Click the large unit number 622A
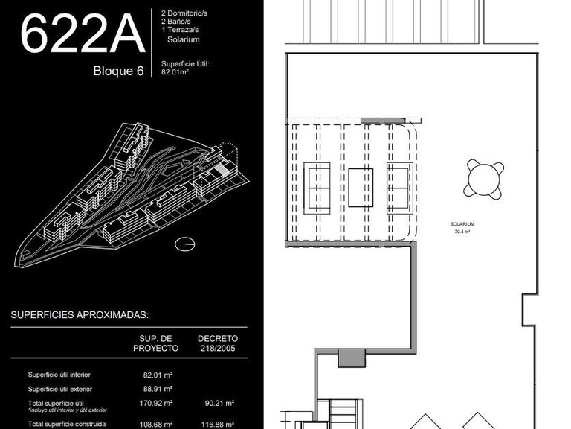tap(83, 34)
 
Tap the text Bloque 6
tap(118, 71)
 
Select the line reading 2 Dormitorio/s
tap(184, 13)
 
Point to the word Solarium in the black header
tap(184, 39)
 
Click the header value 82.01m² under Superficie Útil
tap(175, 71)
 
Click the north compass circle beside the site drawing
tap(184, 244)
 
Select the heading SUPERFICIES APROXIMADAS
tap(80, 315)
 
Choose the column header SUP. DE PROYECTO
tap(155, 343)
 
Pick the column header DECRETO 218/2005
tap(218, 343)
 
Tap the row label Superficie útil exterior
tap(60, 390)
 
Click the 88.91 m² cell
tap(158, 389)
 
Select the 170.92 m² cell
tap(156, 403)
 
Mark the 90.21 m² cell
tap(219, 403)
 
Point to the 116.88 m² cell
tap(218, 425)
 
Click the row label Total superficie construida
tap(67, 424)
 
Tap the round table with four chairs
tap(484, 179)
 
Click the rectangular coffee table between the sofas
tap(361, 188)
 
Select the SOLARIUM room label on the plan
tap(462, 224)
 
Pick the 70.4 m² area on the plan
tap(462, 232)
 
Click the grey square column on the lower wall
tap(352, 357)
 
